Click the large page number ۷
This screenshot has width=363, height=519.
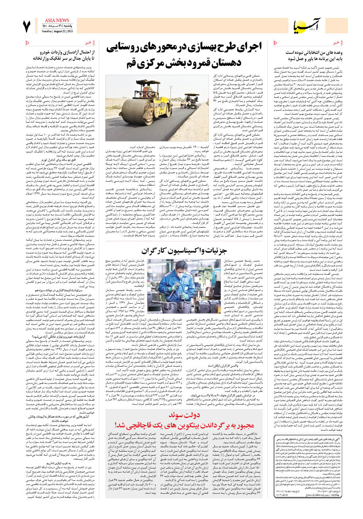27,27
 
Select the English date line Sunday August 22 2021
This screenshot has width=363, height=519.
57,31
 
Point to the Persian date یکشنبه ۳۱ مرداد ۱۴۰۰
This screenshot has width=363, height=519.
57,26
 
